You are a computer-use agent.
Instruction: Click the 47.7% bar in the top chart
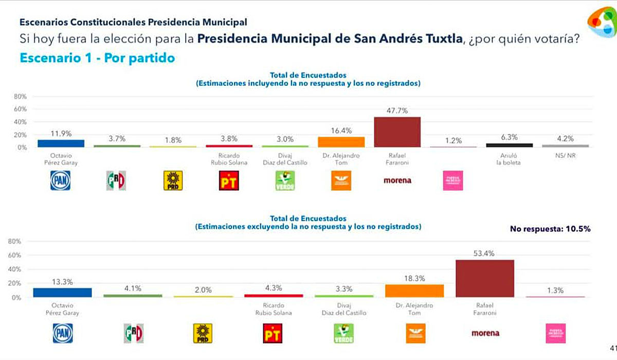coord(397,132)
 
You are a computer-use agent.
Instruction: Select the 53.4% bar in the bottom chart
coord(485,278)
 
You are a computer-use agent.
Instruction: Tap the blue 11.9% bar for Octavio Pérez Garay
coord(61,143)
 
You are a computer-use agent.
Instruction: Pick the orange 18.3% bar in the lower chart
coord(414,291)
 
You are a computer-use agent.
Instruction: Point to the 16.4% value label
coord(341,131)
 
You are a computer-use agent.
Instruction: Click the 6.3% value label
coord(510,137)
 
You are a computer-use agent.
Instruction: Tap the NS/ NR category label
coord(565,155)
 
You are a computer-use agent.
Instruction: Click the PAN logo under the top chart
coord(60,181)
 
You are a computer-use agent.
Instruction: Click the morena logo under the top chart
coord(397,181)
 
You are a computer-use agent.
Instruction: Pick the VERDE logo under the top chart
coord(285,181)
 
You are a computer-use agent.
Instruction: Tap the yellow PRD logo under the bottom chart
coord(202,333)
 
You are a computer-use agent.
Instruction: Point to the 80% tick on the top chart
coord(20,96)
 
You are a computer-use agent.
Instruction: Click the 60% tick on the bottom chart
coord(15,255)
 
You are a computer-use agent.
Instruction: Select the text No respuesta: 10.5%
coord(550,229)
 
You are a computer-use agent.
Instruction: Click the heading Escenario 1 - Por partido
coord(97,58)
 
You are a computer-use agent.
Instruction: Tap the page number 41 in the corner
coord(612,347)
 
